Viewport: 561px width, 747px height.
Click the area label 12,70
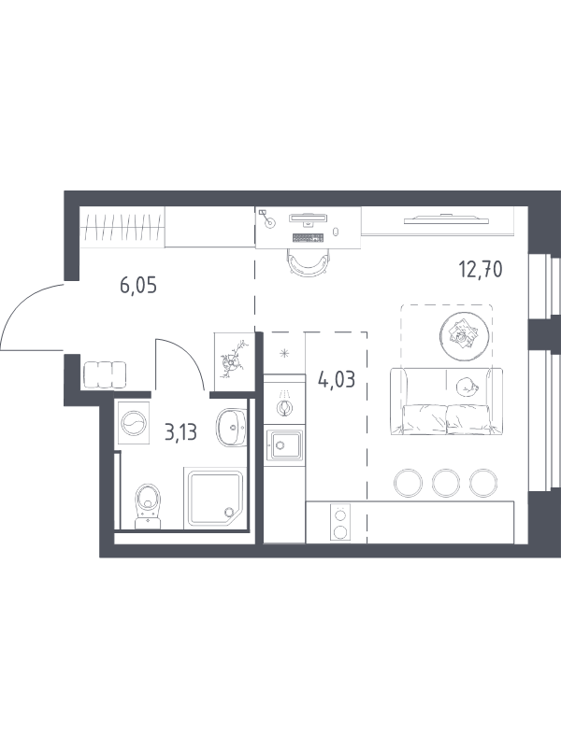click(x=481, y=270)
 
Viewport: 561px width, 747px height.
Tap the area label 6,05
click(x=138, y=286)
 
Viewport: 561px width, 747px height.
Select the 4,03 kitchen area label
click(x=337, y=380)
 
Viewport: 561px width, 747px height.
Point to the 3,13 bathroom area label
click(x=180, y=432)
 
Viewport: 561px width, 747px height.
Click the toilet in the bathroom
click(x=149, y=506)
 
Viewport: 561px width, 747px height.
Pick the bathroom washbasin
click(x=231, y=428)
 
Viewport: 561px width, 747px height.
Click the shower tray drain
click(x=228, y=513)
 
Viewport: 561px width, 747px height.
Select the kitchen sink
click(x=285, y=445)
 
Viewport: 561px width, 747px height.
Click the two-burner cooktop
click(x=340, y=523)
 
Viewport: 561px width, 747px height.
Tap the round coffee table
click(x=465, y=335)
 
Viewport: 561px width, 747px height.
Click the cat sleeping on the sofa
click(x=467, y=387)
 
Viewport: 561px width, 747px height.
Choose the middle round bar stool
click(x=446, y=483)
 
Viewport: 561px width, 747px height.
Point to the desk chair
click(x=309, y=264)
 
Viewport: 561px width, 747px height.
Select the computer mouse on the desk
click(x=336, y=231)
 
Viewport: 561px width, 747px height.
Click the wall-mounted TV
click(x=447, y=219)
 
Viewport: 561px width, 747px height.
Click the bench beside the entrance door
click(x=105, y=375)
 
